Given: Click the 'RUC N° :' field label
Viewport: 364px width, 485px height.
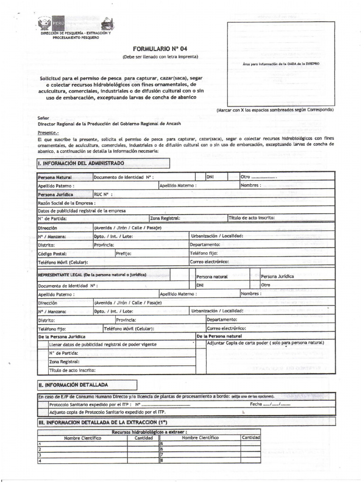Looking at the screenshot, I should coord(103,194).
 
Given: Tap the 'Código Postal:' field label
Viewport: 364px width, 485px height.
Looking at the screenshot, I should coord(53,253).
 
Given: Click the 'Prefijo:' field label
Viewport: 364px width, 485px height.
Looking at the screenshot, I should coord(124,253).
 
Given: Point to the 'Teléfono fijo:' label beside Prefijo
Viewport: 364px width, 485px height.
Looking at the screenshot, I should coord(204,253).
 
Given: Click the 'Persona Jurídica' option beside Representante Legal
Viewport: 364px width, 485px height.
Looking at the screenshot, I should coord(277,276).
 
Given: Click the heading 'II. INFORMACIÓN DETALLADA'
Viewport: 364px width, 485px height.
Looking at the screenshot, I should coord(73,385).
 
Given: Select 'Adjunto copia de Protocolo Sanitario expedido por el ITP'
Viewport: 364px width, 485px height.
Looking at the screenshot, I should coord(105,412).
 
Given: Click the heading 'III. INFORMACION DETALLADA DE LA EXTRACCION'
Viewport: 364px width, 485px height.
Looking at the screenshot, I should coord(102,422).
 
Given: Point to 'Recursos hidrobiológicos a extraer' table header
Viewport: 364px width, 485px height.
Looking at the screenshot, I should coord(149,431).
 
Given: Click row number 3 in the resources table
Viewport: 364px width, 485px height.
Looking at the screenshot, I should coord(40,454).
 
